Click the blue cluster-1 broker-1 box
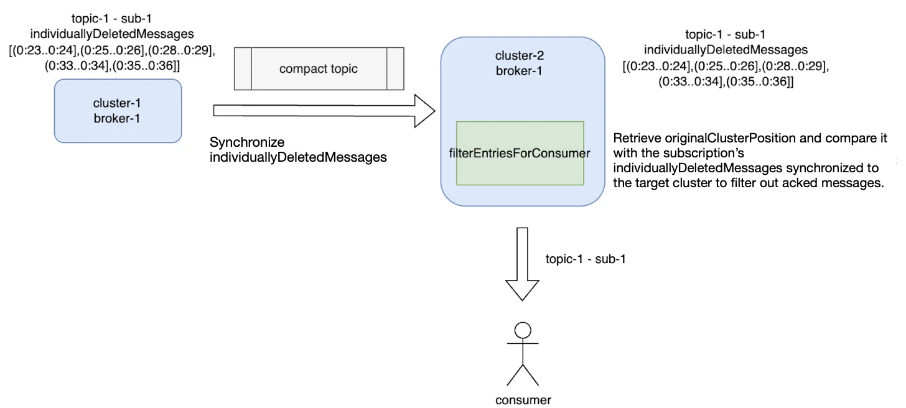118,111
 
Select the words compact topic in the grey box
318,68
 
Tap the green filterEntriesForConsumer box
520,153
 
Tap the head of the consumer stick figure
523,330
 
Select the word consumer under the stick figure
523,400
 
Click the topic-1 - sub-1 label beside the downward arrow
586,259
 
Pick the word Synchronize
247,142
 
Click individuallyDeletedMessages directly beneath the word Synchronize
298,157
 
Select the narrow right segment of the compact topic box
395,68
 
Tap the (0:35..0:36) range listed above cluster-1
146,65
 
